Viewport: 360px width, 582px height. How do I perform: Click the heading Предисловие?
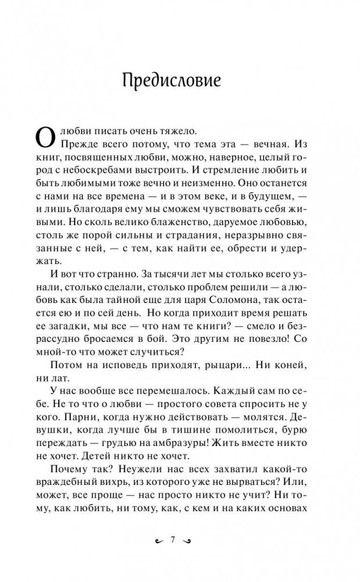pos(172,81)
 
